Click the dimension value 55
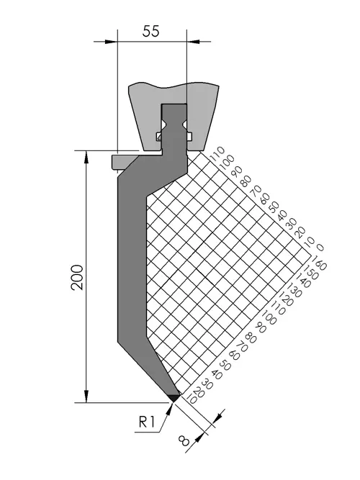150,31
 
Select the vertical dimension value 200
77,277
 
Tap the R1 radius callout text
147,422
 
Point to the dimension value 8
184,441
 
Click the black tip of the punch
174,398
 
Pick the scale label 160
319,264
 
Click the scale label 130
294,289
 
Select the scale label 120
287,299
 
